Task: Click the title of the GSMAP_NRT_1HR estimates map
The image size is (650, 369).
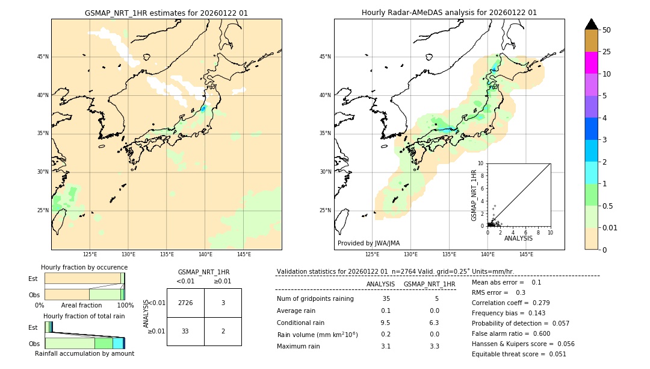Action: click(x=166, y=13)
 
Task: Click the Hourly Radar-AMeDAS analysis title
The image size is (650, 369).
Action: click(x=449, y=13)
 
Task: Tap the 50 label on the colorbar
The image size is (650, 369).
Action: click(x=607, y=30)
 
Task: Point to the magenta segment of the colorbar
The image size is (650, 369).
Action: click(x=591, y=63)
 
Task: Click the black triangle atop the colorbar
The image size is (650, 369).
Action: click(x=591, y=24)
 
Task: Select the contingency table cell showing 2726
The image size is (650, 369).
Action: click(x=185, y=303)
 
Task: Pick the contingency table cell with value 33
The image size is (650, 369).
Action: click(x=185, y=331)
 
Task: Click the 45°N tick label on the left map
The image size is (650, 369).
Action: click(x=43, y=57)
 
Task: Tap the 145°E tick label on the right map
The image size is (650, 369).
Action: click(x=526, y=254)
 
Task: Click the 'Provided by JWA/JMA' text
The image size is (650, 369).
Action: click(x=368, y=243)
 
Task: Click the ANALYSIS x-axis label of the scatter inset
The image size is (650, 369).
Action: click(x=518, y=239)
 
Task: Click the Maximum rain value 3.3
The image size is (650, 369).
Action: click(x=434, y=346)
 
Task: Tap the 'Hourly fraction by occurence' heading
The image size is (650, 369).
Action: click(x=84, y=267)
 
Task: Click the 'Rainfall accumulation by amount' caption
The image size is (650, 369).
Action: click(x=84, y=353)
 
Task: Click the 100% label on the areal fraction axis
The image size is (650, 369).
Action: click(x=125, y=305)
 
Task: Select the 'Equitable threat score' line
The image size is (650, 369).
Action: click(x=519, y=354)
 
